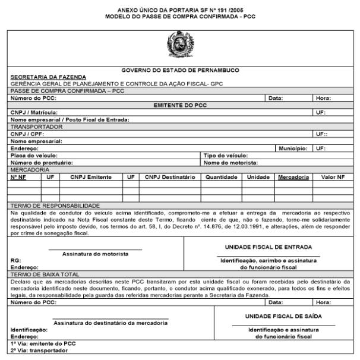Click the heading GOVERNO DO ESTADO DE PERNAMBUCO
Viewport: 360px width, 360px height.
click(180, 70)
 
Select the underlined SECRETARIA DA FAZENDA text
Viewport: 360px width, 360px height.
click(48, 77)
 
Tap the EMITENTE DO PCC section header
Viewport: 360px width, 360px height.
click(180, 105)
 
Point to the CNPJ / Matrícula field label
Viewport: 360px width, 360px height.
click(34, 112)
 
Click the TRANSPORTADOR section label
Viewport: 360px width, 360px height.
click(36, 127)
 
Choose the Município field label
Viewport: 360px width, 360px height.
click(293, 148)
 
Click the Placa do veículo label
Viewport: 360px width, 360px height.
click(34, 155)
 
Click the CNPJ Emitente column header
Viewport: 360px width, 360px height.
click(91, 177)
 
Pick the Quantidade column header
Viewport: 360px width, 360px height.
click(222, 177)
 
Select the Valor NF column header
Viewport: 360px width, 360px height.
click(332, 177)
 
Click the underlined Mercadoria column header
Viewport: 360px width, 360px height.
click(293, 177)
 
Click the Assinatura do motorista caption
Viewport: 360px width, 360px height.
click(95, 254)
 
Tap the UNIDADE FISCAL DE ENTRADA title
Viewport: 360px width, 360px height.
click(268, 247)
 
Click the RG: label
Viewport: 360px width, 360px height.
click(16, 261)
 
